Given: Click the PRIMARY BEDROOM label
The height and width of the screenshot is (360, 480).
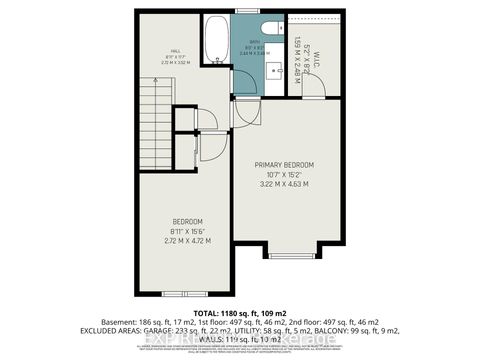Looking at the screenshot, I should point(284,164).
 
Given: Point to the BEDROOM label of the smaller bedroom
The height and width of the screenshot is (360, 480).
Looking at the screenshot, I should point(187,221).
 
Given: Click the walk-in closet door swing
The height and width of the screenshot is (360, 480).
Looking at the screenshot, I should point(314,88).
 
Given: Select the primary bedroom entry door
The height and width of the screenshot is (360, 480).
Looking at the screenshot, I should point(245,112).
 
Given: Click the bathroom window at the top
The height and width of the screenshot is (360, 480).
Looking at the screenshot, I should point(245,11).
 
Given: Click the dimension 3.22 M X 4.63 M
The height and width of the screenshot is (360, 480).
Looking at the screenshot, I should point(284,185).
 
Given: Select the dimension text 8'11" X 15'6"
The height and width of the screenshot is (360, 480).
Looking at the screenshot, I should point(187,232).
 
